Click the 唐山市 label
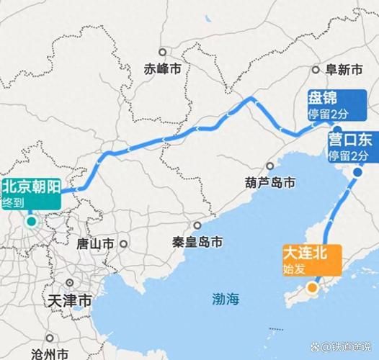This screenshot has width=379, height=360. [x=97, y=243]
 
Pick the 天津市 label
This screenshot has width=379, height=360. [x=67, y=298]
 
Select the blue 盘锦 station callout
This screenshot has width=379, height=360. [x=333, y=104]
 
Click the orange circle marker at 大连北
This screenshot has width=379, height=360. [x=312, y=288]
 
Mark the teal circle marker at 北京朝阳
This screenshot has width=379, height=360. [x=32, y=221]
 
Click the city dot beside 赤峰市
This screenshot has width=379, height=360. [x=164, y=52]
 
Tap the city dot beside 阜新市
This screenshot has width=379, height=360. [x=316, y=70]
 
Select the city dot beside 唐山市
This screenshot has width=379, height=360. [x=124, y=243]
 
